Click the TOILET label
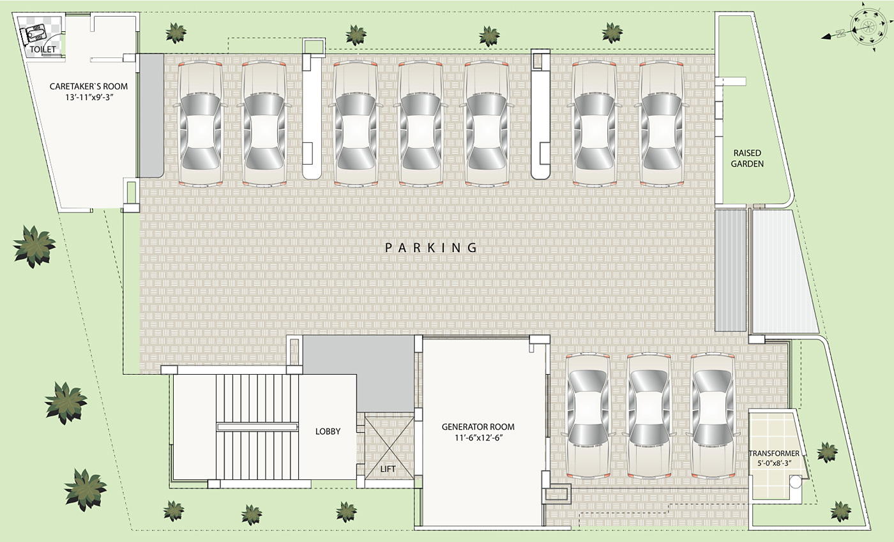click(43, 49)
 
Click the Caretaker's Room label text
click(89, 87)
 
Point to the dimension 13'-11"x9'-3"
click(89, 98)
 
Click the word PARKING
click(432, 248)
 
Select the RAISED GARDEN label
click(748, 158)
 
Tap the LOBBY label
click(328, 432)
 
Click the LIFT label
click(388, 469)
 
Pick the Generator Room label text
click(478, 427)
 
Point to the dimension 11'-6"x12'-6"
click(478, 438)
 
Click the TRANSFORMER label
click(774, 453)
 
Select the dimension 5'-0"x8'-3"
click(774, 464)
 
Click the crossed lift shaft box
click(389, 447)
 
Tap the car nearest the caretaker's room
click(201, 123)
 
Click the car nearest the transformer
click(713, 416)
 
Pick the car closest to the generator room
click(588, 416)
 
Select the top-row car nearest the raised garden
click(662, 123)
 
